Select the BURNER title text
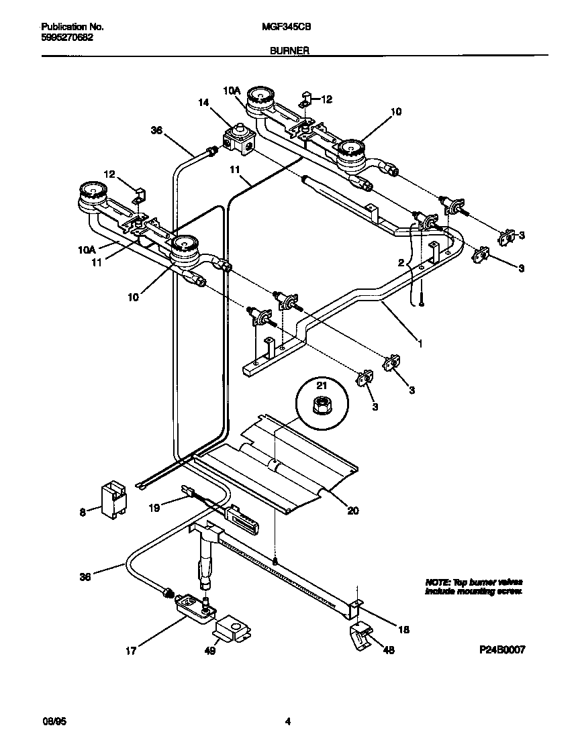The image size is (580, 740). (x=289, y=50)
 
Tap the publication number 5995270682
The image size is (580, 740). (x=67, y=38)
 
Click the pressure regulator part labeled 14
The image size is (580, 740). (x=238, y=140)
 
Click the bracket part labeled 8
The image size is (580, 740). (x=114, y=500)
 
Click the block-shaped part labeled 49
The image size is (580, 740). (x=232, y=629)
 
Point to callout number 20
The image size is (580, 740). (x=352, y=511)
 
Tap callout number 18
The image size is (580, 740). (x=403, y=629)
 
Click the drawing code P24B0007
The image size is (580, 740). (x=501, y=649)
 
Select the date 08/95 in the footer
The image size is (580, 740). (x=52, y=722)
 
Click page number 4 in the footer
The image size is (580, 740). (x=288, y=722)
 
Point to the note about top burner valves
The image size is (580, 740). (x=473, y=586)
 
